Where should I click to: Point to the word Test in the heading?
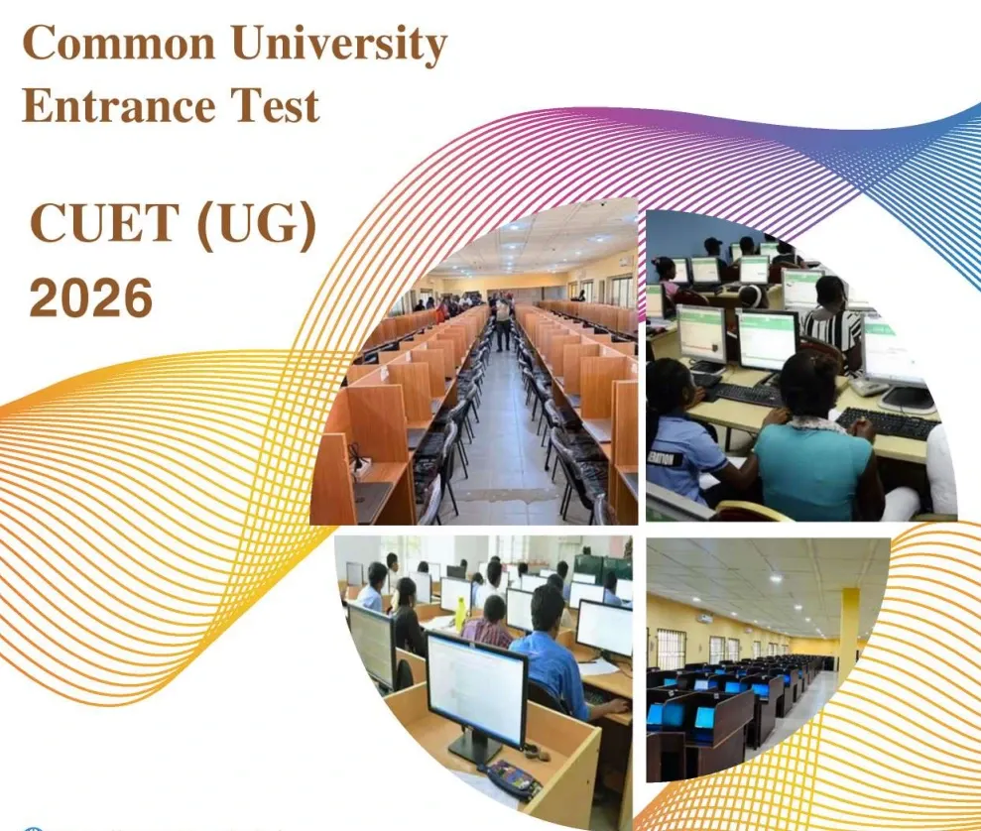click(277, 104)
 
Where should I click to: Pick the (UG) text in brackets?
click(256, 227)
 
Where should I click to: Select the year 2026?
click(91, 297)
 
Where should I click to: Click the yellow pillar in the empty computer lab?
click(848, 635)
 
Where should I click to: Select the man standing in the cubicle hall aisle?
click(504, 322)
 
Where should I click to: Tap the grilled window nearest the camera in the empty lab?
click(671, 650)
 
